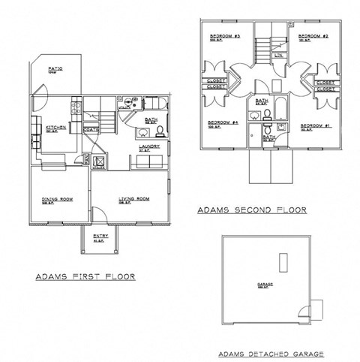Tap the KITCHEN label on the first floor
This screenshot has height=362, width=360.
click(x=55, y=128)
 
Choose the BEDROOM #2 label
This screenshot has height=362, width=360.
click(x=310, y=37)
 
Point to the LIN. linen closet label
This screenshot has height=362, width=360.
click(x=278, y=55)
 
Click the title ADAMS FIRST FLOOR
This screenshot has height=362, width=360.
click(x=85, y=277)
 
